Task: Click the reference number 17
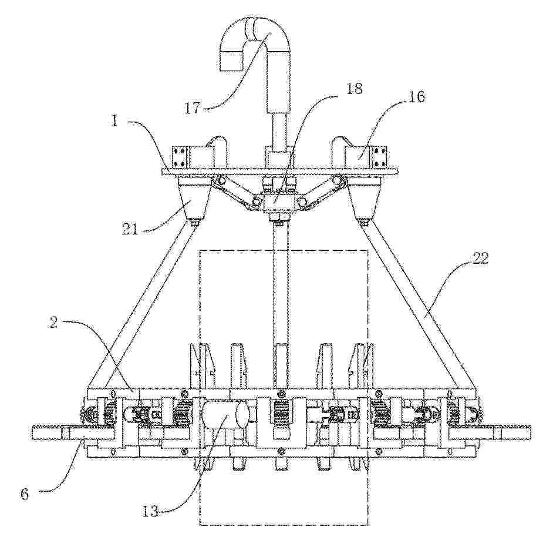tap(192, 107)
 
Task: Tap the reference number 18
tap(354, 89)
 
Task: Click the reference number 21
tap(130, 230)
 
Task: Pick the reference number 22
tap(480, 259)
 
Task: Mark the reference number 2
tap(53, 323)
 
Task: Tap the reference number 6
tap(24, 494)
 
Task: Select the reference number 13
tap(150, 512)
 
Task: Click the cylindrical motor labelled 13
tap(225, 415)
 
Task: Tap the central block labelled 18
tap(280, 203)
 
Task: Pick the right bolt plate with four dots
tap(382, 156)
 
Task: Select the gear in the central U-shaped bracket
tap(281, 413)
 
